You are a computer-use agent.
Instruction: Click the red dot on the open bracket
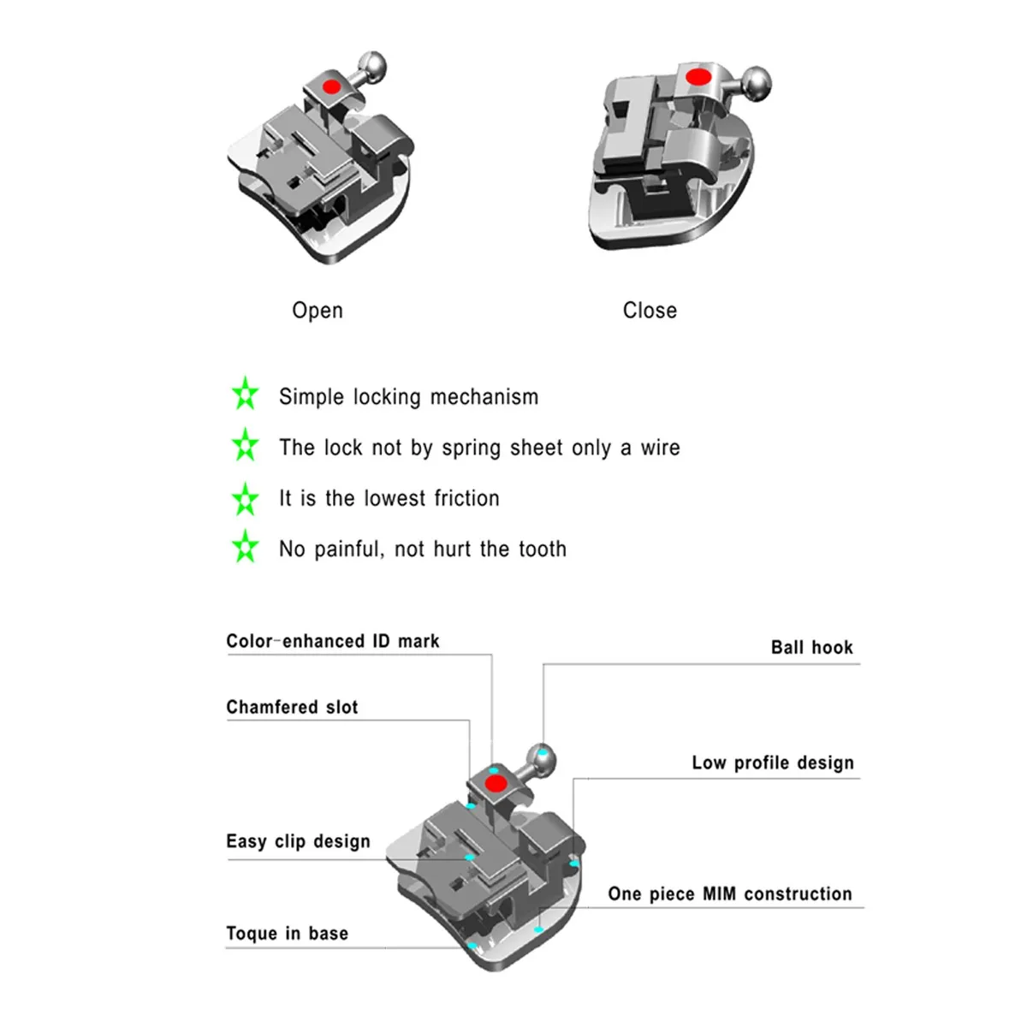329,86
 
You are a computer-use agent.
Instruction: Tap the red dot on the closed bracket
698,77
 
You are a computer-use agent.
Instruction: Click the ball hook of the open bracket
372,63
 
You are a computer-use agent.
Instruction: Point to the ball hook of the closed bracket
757,84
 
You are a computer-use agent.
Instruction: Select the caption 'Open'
318,311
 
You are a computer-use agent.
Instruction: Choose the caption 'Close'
650,311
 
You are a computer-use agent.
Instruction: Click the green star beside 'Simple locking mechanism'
246,395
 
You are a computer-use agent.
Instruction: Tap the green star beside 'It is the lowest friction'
246,499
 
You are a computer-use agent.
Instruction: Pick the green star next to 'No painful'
246,547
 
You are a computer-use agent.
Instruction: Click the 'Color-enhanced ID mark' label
333,641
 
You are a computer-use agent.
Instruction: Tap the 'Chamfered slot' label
292,707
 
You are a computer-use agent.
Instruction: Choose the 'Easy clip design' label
298,841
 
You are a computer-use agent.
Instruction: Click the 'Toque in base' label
287,934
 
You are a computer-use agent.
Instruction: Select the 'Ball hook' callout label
811,648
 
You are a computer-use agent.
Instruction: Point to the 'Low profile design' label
773,763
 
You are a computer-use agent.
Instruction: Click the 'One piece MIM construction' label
730,894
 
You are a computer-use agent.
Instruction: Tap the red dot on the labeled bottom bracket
495,783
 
